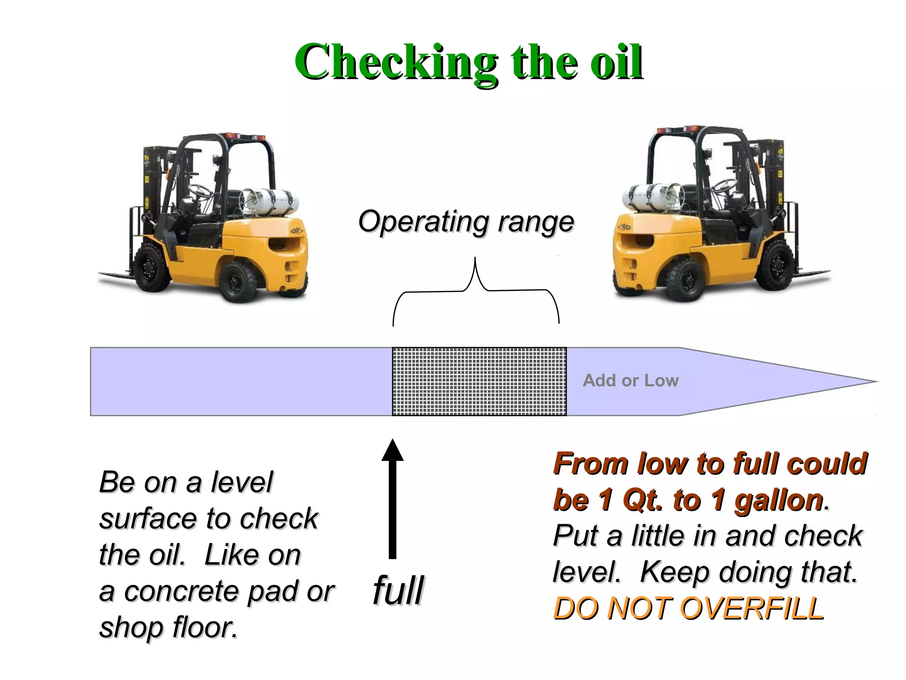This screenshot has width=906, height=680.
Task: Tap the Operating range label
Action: tap(466, 221)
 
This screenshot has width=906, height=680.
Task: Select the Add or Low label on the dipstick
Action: tap(630, 381)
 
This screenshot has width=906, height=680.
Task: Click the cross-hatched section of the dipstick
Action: tap(479, 382)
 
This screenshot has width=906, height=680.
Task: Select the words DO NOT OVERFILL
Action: tap(689, 608)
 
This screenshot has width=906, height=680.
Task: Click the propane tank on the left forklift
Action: tap(269, 201)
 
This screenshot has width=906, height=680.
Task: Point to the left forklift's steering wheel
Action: tap(200, 190)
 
